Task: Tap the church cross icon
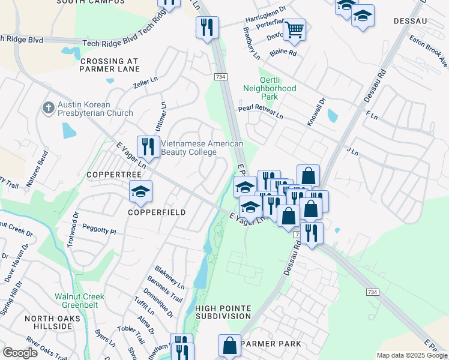point(49,109)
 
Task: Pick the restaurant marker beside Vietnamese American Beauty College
point(148,146)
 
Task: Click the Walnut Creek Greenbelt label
point(79,301)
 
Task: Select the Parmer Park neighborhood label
point(270,344)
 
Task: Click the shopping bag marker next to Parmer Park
point(229,346)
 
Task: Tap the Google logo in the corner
point(20,353)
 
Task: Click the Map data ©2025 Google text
point(412,356)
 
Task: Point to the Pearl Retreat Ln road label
point(260,111)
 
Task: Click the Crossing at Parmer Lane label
point(109,65)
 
